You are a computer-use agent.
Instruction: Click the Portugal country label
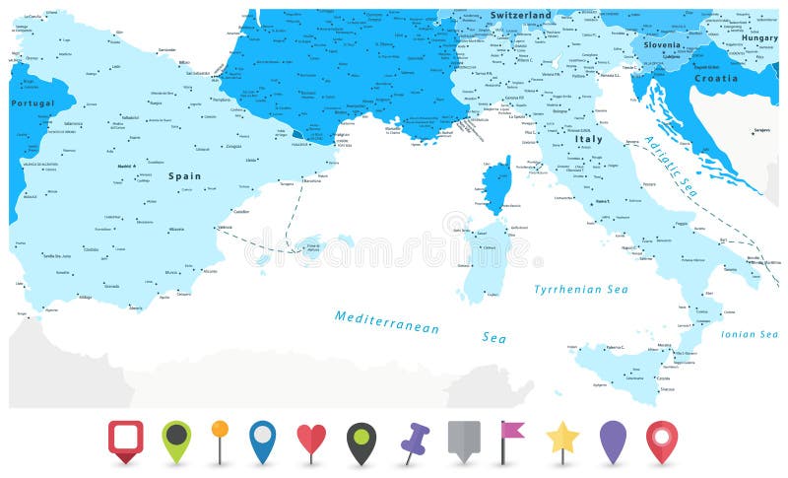click(x=33, y=102)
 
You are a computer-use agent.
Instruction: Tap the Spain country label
click(x=184, y=176)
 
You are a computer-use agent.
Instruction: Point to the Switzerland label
click(x=521, y=16)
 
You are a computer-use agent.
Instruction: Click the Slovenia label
click(x=662, y=44)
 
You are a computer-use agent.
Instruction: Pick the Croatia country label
click(x=715, y=78)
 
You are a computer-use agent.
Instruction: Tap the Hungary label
click(x=759, y=37)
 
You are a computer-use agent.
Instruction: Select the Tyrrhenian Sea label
click(x=580, y=290)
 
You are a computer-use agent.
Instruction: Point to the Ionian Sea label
click(x=750, y=334)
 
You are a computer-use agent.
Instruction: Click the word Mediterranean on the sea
click(x=386, y=321)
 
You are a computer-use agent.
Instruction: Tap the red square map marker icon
click(x=125, y=438)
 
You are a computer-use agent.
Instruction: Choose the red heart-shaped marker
click(x=311, y=440)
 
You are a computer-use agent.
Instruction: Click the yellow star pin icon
click(x=562, y=438)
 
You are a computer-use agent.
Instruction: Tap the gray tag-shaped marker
click(x=463, y=438)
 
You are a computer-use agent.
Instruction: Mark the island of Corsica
click(x=498, y=187)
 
